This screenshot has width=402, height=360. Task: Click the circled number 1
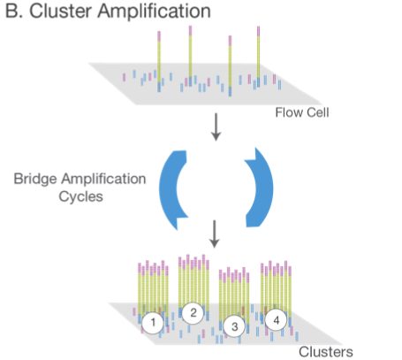[153, 322]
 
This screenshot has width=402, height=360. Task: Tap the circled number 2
[193, 312]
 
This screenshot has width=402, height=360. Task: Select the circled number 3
[234, 326]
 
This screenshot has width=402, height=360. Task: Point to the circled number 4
[276, 320]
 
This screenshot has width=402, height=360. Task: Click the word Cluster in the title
[60, 11]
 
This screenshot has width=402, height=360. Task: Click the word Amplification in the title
[155, 11]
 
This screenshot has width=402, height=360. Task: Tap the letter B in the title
[12, 11]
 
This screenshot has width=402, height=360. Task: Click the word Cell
[318, 112]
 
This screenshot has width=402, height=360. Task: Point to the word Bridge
[35, 180]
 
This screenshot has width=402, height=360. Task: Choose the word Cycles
[80, 196]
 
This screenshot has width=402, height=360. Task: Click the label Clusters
[326, 352]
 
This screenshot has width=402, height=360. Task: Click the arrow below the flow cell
[216, 127]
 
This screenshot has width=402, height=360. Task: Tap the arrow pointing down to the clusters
[215, 234]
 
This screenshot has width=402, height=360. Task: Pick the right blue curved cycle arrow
[260, 188]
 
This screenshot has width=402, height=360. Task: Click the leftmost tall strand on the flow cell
[159, 61]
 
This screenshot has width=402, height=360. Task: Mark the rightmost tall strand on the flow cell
[258, 57]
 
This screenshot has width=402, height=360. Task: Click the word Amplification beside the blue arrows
[103, 180]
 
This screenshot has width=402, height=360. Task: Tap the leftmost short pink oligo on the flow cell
[124, 77]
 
